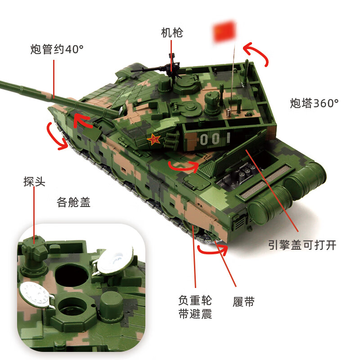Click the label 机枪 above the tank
point(172,33)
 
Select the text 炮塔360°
point(314,103)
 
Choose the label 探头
point(35,181)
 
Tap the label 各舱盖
point(74,202)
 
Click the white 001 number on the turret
point(215,139)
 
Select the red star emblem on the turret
point(154,141)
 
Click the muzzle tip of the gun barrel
point(2,83)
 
